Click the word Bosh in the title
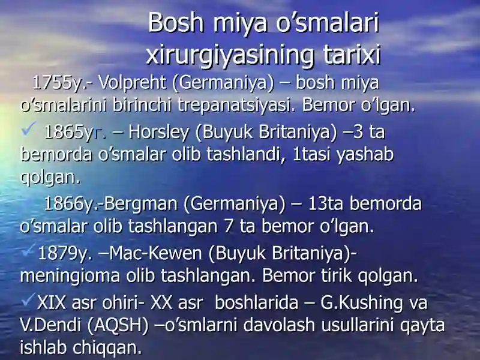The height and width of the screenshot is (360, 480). pyautogui.click(x=176, y=23)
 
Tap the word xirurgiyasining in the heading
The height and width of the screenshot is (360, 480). pyautogui.click(x=230, y=55)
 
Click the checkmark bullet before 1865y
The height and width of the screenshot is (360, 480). pyautogui.click(x=29, y=128)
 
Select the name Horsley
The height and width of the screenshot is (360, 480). pyautogui.click(x=158, y=133)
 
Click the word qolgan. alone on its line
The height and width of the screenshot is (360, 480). pyautogui.click(x=50, y=178)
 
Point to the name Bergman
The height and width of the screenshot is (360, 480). pyautogui.click(x=140, y=204)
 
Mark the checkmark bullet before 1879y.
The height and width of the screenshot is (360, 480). pyautogui.click(x=28, y=251)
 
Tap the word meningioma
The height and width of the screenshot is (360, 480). pyautogui.click(x=70, y=276)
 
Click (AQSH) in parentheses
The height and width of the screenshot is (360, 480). pyautogui.click(x=118, y=325)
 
